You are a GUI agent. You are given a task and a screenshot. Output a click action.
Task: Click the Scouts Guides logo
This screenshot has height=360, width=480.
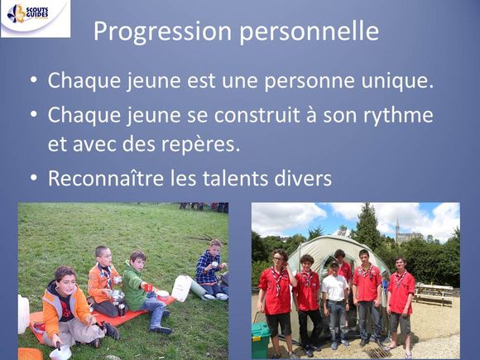pos(36,18)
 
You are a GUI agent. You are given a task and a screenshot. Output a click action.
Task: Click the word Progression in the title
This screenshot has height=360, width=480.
pos(162,31)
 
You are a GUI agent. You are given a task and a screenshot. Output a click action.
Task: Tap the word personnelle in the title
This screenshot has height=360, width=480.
pos(310,32)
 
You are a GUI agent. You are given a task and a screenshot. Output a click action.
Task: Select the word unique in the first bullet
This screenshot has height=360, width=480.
pos(397,81)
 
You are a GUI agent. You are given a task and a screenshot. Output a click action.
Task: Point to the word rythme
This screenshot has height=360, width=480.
pos(398,116)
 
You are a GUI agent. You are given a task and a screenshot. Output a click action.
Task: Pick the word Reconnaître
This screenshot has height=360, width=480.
pos(106,178)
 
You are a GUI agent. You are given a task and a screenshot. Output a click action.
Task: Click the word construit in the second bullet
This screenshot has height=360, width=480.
pos(257,115)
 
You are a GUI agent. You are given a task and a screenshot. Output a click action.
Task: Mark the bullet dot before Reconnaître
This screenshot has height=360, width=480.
pos(33,178)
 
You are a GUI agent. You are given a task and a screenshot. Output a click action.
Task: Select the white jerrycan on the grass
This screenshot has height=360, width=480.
pos(181,288)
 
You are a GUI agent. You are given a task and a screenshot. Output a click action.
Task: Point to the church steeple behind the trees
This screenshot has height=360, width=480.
pos(397,228)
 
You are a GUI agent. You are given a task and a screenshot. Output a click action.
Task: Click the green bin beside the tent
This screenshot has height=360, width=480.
pos(261,340)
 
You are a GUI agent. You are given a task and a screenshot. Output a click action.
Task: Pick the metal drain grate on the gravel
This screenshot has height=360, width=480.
pos(378,353)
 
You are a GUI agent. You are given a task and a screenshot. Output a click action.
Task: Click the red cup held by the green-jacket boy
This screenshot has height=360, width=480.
pos(148,287)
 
